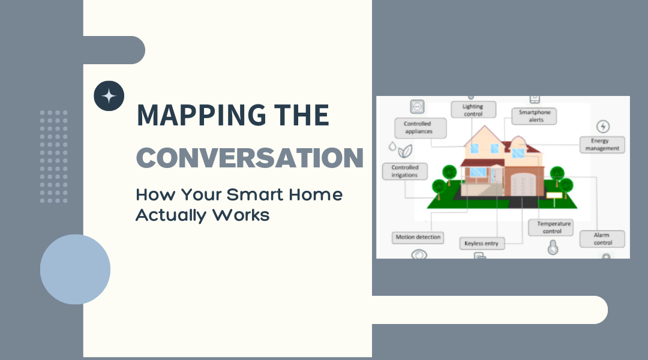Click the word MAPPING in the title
tap(202, 115)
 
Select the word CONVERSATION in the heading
tap(250, 157)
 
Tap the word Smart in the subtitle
tap(255, 194)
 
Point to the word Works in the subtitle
tap(241, 215)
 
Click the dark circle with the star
tap(109, 96)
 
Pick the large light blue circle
tap(75, 269)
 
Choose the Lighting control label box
tap(473, 110)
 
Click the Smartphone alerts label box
tap(535, 116)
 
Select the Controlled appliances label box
tap(420, 128)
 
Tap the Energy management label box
tap(602, 145)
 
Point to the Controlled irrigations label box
tap(404, 171)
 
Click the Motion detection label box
tap(418, 237)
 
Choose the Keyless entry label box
tap(482, 244)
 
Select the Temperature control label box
tap(551, 228)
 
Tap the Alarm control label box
tap(602, 239)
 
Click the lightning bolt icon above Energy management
tap(603, 127)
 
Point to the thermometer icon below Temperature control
tap(553, 247)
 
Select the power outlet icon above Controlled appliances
tap(417, 107)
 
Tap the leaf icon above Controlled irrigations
tap(404, 151)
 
